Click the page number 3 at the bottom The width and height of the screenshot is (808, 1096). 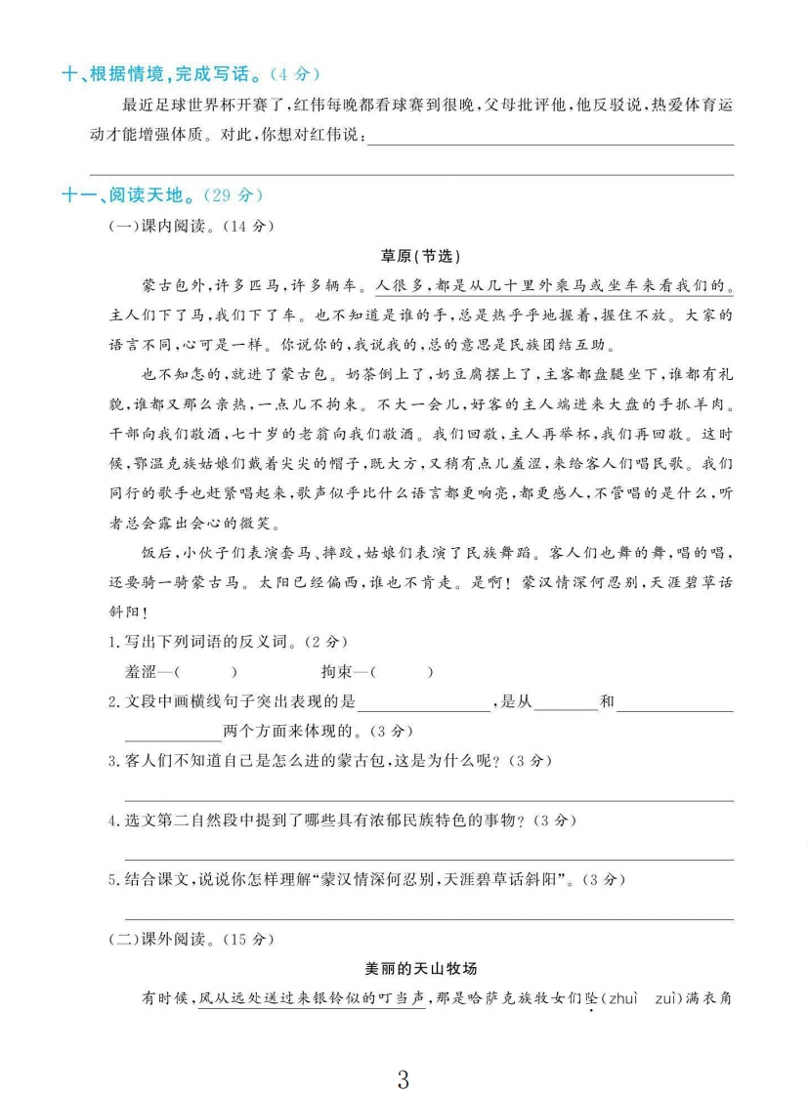404,1052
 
